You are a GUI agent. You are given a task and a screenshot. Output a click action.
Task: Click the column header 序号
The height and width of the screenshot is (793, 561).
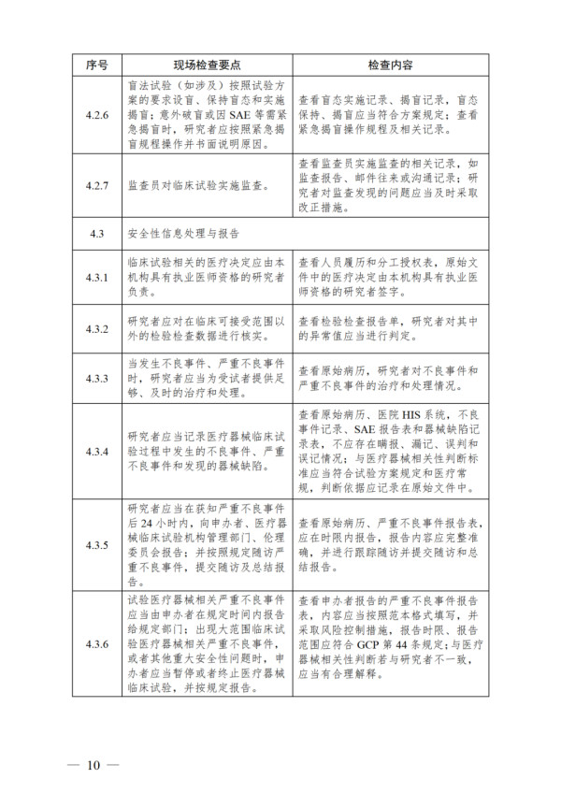[97, 65]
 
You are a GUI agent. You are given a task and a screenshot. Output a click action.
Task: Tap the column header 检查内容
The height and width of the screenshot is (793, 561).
[391, 65]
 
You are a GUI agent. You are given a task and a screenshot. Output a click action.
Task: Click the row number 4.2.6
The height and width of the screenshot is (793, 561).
[97, 114]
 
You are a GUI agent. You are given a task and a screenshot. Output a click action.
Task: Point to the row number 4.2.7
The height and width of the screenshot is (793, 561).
[97, 185]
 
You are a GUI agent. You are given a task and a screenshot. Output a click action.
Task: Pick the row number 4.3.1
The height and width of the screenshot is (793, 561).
[97, 278]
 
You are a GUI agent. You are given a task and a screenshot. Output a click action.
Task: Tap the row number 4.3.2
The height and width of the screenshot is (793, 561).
[97, 329]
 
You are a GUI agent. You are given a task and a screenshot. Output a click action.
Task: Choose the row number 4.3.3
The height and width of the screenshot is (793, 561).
[97, 378]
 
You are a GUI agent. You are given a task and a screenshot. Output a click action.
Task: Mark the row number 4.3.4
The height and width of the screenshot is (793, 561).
[97, 451]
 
